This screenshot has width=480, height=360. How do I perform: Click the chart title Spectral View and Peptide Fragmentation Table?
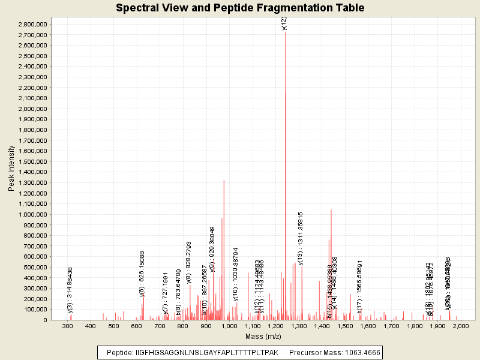[x=240, y=8]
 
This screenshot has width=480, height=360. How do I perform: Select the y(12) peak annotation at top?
[x=284, y=23]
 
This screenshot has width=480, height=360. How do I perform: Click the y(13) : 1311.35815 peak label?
[x=301, y=238]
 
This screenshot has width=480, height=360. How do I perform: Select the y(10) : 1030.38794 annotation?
[x=236, y=274]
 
